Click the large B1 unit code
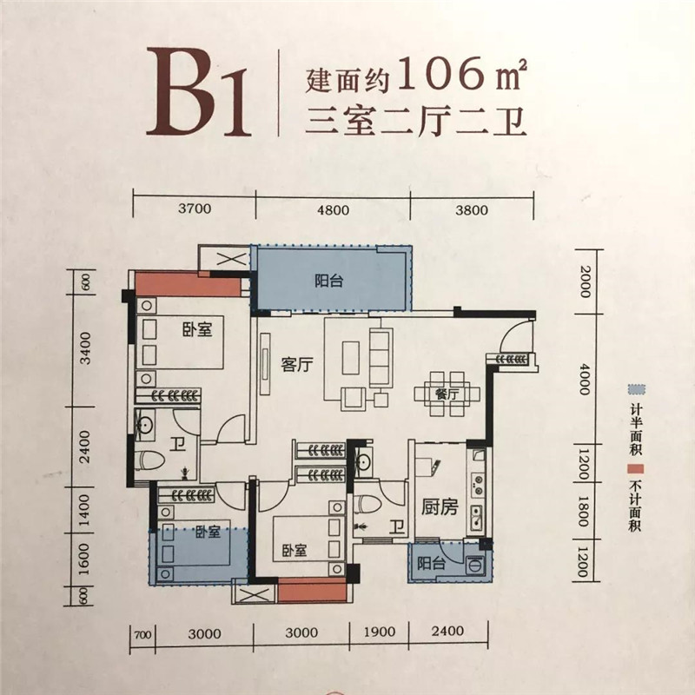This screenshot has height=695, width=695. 199,92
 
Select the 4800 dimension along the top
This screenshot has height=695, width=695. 333,209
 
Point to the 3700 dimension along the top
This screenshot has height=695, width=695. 195,208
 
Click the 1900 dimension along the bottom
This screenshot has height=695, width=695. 380,632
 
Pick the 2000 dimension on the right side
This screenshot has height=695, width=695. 585,281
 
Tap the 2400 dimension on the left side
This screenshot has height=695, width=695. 84,447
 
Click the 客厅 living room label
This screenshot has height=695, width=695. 297,365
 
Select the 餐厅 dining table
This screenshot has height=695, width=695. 447,394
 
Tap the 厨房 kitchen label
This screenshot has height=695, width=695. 440,507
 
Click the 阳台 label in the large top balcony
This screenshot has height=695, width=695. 329,281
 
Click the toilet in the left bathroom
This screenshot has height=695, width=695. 150,460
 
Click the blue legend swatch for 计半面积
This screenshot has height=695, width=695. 637,390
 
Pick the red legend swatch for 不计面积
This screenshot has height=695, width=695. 636,469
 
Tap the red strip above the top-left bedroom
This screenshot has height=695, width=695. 188,284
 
